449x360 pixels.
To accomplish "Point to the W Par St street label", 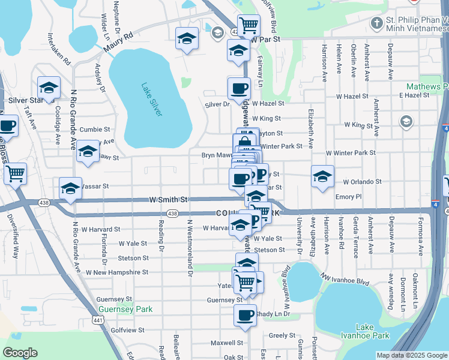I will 266,39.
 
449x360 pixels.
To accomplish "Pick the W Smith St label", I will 168,199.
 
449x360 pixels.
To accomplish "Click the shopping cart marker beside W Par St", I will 249,25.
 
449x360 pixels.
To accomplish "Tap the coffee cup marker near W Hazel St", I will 239,88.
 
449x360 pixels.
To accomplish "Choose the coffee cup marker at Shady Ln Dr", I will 244,315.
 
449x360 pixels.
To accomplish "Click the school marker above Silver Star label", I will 48,88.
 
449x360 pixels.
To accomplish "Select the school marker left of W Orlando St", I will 322,176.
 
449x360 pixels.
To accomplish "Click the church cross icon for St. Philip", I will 376,23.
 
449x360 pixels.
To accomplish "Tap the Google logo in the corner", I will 20,353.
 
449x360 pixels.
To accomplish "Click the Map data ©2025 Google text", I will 411,355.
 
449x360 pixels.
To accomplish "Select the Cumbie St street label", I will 95,129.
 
